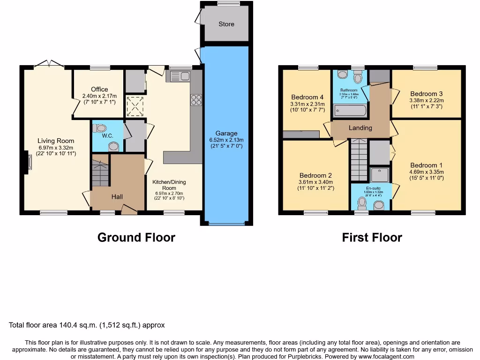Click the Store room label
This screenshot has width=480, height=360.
click(226, 24)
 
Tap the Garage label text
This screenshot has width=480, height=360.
click(226, 133)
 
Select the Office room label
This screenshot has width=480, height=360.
click(99, 89)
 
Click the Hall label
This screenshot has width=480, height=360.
click(117, 197)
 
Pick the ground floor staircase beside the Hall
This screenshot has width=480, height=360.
click(100, 172)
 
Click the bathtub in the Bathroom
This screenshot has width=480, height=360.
click(349, 111)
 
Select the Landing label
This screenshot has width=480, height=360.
click(360, 127)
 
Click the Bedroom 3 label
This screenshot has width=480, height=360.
click(427, 93)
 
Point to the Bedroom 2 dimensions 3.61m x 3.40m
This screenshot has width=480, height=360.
click(315, 182)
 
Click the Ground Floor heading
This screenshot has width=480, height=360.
click(136, 237)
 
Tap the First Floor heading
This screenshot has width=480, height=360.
click(372, 237)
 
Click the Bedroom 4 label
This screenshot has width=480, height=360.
click(307, 97)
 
